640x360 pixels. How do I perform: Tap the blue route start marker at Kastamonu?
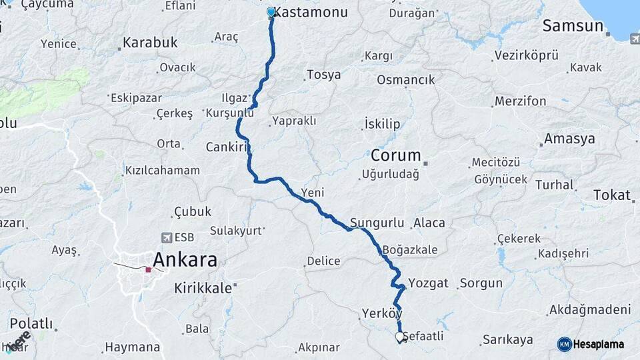point(271,12)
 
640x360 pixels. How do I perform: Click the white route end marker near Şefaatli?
point(400,337)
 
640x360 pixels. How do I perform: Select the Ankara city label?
point(185,259)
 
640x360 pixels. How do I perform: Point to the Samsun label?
point(573,26)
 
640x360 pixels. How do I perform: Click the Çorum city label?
point(396,156)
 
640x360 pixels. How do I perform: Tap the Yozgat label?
point(428,283)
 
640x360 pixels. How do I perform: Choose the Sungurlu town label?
point(378,223)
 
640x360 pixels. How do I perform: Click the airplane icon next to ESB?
point(165,237)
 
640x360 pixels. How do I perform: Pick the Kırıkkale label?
point(203,288)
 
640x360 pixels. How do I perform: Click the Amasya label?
point(569,139)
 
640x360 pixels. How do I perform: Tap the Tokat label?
point(611,195)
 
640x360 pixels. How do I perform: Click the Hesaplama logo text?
point(598,344)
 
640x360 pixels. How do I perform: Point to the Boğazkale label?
point(411,250)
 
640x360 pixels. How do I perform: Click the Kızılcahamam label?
point(162,170)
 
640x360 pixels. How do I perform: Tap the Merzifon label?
point(520,101)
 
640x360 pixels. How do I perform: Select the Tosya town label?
point(323,75)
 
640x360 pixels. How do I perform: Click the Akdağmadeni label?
point(589,310)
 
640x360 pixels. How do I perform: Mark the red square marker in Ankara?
point(148,270)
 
